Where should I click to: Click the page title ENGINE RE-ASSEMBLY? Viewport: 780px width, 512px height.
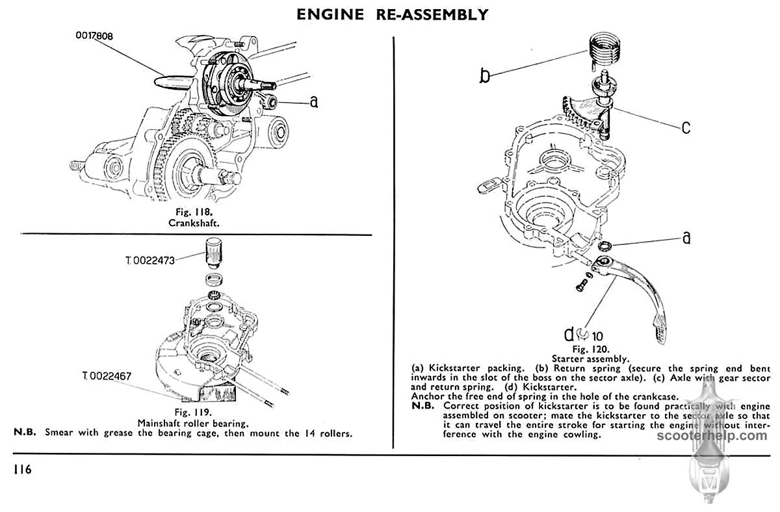392,14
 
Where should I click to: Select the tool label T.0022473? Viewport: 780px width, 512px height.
151,261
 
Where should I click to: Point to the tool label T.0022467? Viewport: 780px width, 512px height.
107,376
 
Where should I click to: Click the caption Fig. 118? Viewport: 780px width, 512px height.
195,212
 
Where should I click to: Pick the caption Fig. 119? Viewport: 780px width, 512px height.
194,412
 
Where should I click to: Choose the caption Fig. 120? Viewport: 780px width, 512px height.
590,348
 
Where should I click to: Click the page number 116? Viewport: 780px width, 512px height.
21,469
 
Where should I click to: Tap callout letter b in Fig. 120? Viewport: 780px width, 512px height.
485,76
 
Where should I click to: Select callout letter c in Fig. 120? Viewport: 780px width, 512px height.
686,127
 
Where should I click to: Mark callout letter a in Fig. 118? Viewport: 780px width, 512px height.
314,102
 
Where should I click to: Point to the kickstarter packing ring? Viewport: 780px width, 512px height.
603,246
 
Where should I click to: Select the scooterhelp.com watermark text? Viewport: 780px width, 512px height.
729,436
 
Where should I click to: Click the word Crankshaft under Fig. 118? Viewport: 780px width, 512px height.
195,222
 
